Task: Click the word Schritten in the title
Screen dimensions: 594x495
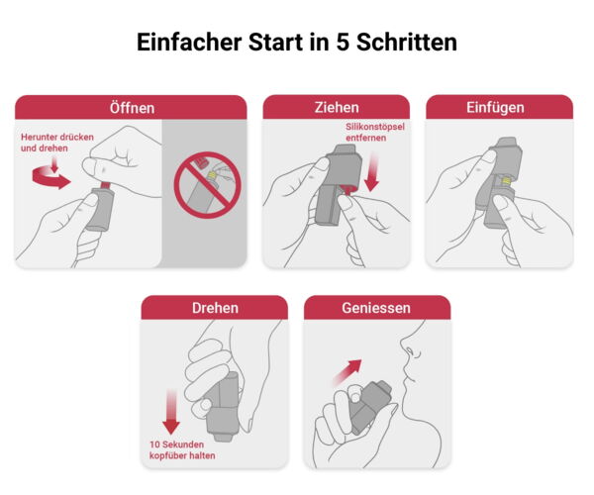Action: tap(407, 42)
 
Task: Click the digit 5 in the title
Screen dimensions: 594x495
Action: tap(343, 42)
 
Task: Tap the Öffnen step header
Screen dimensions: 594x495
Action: tap(131, 108)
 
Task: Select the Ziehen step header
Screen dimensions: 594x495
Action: tap(337, 107)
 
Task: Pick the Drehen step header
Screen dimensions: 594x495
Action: tap(215, 308)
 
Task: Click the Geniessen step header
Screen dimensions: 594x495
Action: tap(377, 308)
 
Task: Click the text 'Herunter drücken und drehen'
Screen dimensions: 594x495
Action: tap(57, 143)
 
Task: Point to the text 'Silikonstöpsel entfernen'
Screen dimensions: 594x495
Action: tap(374, 133)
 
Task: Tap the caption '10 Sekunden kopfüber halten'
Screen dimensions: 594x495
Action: tap(182, 449)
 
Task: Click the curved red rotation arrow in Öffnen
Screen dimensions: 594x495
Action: tap(50, 178)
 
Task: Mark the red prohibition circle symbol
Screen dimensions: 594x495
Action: tap(207, 185)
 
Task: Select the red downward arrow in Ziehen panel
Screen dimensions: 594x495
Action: tap(372, 171)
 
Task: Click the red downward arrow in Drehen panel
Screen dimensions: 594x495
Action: tap(171, 412)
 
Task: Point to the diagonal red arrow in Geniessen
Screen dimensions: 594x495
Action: tap(347, 372)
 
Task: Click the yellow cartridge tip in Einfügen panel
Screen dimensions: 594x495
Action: tap(506, 181)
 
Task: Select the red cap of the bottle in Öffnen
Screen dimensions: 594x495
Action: tap(105, 184)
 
